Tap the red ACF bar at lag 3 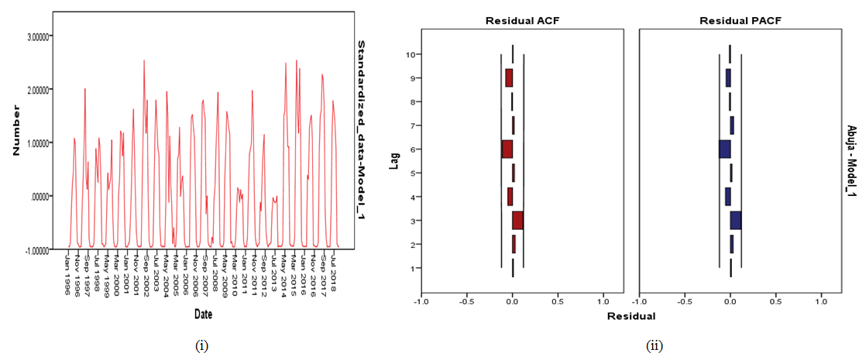tap(517, 220)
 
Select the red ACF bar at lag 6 tap(507, 149)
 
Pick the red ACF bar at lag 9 tap(509, 77)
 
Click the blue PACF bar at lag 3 tap(735, 220)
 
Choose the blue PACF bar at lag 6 tap(724, 149)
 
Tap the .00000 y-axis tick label tap(40, 196)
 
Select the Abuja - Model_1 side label tap(850, 160)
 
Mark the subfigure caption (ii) tap(652, 346)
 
